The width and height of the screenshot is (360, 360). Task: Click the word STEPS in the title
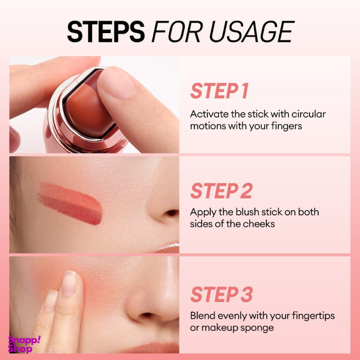[x=106, y=31]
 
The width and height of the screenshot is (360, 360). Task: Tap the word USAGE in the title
[x=251, y=31]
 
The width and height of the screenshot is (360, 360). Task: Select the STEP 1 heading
[x=220, y=91]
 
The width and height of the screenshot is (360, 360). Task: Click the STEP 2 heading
[x=221, y=191]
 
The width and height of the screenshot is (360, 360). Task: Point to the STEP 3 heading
[x=221, y=294]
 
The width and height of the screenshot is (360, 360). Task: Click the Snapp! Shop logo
[x=24, y=344]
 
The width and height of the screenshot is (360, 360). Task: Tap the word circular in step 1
[x=308, y=114]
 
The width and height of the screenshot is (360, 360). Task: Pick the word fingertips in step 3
[x=313, y=316]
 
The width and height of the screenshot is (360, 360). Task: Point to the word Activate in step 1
[x=209, y=114]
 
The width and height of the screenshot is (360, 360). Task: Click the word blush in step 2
[x=247, y=212]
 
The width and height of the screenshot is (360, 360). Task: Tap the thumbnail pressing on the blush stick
[x=117, y=81]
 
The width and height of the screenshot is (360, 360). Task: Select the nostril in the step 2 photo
[x=172, y=213]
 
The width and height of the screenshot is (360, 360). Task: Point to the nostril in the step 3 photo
[x=146, y=316]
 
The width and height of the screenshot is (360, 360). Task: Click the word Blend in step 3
[x=202, y=316]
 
